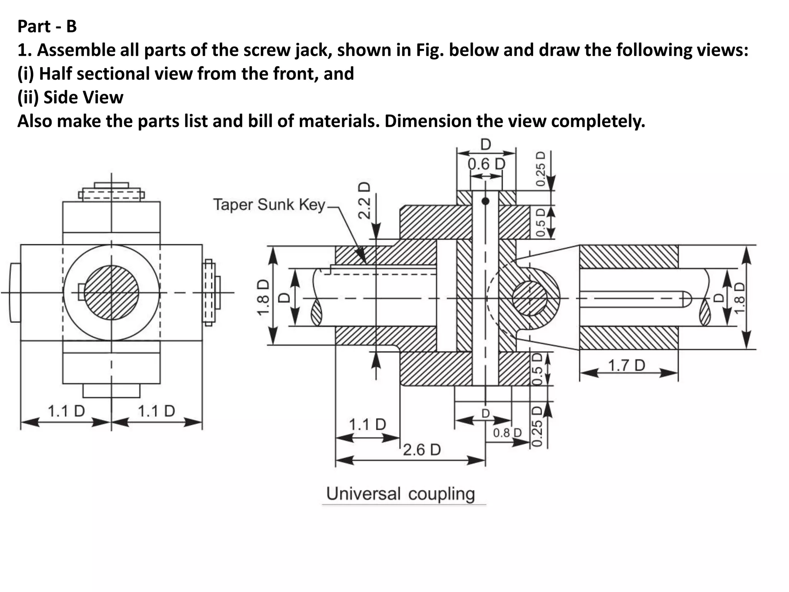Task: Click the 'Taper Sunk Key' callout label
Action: [x=269, y=204]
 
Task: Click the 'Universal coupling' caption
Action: [x=400, y=494]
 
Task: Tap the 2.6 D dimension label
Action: [x=422, y=450]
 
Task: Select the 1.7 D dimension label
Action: [x=626, y=365]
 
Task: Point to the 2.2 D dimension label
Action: [x=364, y=200]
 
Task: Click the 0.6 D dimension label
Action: [x=486, y=164]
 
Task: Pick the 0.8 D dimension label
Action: [x=507, y=433]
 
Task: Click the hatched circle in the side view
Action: [x=111, y=293]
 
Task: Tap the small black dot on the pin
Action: [x=485, y=201]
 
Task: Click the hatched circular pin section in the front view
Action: [x=530, y=298]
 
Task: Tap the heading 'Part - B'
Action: [x=47, y=26]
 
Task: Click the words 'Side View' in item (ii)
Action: [x=83, y=97]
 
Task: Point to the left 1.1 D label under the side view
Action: [x=66, y=411]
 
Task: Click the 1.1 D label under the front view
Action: [x=367, y=425]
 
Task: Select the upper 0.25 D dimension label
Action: [x=541, y=168]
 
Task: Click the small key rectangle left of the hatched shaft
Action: [x=81, y=292]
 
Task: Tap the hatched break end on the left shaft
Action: [x=316, y=313]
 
